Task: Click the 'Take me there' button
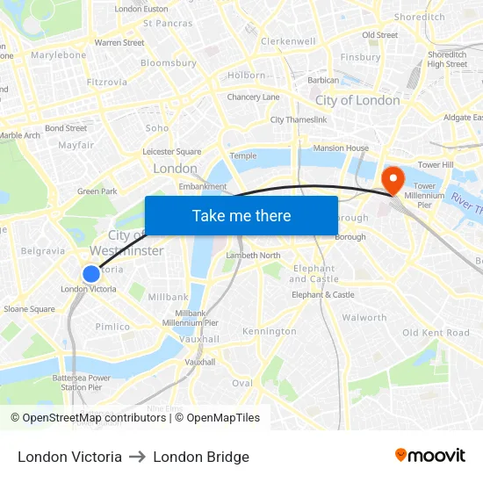(x=241, y=215)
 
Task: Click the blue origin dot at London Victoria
(x=90, y=274)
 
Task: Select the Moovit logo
(x=429, y=455)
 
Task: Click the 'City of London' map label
(x=357, y=100)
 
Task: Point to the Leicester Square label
(x=171, y=151)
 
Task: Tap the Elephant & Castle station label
(x=322, y=295)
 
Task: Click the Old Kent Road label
(x=436, y=333)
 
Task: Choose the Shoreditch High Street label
(x=447, y=59)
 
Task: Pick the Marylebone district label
(x=59, y=54)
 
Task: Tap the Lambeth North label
(x=253, y=256)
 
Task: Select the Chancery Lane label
(x=253, y=97)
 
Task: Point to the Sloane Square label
(x=29, y=309)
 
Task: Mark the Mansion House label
(x=341, y=148)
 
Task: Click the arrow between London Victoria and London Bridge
(x=137, y=458)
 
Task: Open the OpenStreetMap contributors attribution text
(x=94, y=418)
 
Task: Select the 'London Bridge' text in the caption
(x=201, y=457)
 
